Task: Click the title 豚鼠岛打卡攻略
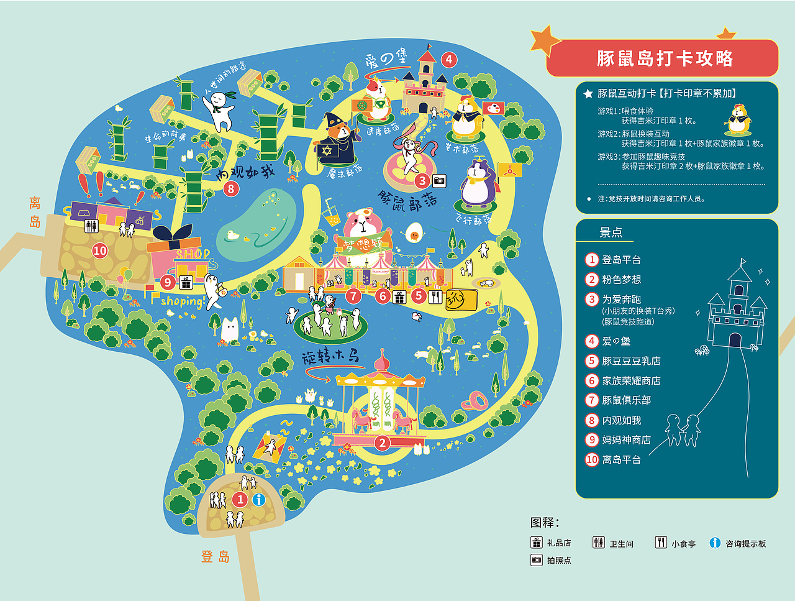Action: (x=665, y=58)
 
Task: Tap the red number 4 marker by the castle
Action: (x=449, y=60)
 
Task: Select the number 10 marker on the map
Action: (x=100, y=251)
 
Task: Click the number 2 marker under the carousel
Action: (x=383, y=443)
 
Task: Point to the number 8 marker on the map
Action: (x=231, y=188)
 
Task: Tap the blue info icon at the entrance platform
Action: (x=258, y=500)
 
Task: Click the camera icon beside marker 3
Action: (x=439, y=181)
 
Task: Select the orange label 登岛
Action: (x=215, y=557)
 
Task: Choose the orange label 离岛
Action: (x=35, y=212)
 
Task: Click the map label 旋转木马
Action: (x=330, y=357)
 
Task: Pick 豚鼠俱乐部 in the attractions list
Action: (x=626, y=400)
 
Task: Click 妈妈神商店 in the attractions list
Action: (x=626, y=440)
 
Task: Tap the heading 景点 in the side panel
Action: (x=611, y=232)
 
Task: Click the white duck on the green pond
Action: (x=233, y=236)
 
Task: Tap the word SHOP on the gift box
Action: (x=193, y=254)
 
